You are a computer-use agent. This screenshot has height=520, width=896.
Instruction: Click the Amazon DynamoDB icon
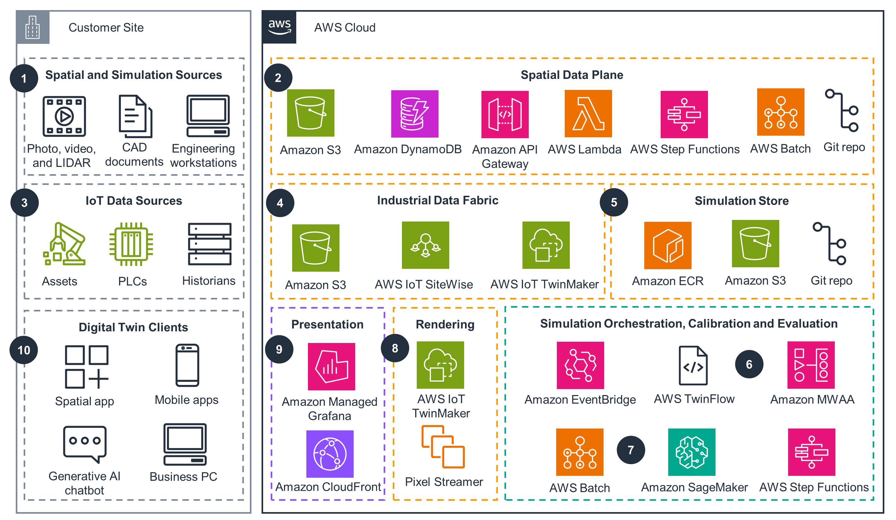[x=415, y=114]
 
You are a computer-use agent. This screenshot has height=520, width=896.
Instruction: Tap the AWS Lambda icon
[x=588, y=114]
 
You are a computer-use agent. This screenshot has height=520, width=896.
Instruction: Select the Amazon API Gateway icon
[x=505, y=114]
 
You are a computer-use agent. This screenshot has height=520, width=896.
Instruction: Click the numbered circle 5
[x=614, y=202]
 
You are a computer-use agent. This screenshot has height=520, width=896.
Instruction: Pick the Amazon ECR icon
[x=668, y=245]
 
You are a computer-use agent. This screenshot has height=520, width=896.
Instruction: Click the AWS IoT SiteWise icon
[x=425, y=245]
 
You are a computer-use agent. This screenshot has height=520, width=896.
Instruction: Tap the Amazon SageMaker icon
[x=692, y=452]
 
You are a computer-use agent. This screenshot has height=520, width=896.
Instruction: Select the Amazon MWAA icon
[x=811, y=365]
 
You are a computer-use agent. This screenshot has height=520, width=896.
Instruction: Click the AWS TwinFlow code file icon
[x=693, y=366]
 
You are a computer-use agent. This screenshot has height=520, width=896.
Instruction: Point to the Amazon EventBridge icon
[x=580, y=365]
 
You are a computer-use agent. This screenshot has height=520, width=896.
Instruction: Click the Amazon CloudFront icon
[x=330, y=454]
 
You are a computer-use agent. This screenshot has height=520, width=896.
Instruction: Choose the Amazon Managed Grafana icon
[x=331, y=366]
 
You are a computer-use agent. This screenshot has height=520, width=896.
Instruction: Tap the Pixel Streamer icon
[x=443, y=447]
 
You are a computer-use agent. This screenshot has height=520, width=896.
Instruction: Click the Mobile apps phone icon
[x=187, y=365]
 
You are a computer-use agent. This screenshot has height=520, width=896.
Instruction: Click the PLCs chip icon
[x=131, y=244]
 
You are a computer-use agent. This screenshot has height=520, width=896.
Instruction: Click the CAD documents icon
[x=135, y=116]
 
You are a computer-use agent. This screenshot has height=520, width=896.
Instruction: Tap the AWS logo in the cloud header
[x=280, y=27]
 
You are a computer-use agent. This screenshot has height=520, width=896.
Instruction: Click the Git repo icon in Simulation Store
[x=830, y=244]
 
